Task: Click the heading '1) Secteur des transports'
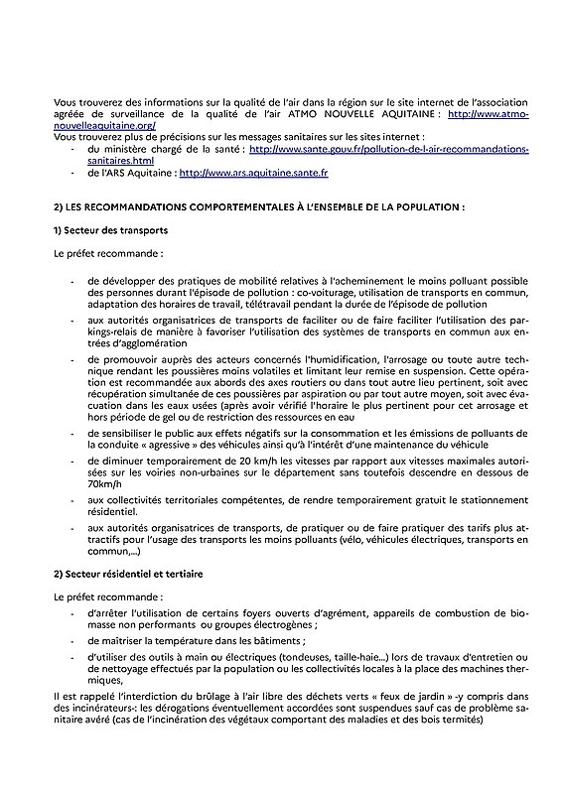pyautogui.click(x=109, y=230)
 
